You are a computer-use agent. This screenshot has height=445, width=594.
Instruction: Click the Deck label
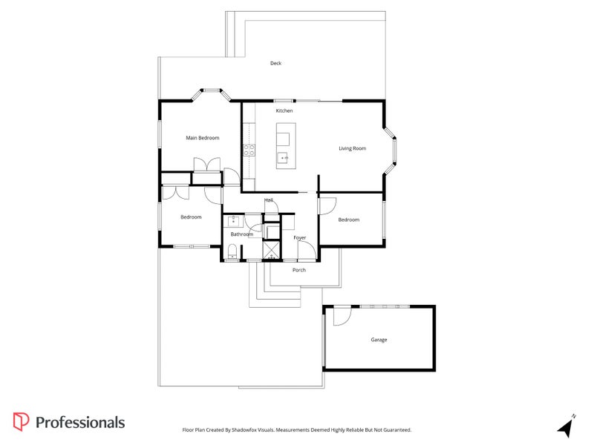click(x=275, y=63)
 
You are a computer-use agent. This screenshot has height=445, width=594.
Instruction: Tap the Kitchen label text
click(x=284, y=111)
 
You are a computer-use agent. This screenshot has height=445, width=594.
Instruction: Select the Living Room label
click(x=353, y=148)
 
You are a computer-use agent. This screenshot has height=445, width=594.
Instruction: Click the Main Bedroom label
click(x=202, y=138)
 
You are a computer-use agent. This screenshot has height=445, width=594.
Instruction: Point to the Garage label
click(x=379, y=340)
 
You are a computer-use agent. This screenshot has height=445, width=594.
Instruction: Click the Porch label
click(x=298, y=270)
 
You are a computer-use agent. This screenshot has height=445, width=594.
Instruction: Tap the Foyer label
click(x=299, y=237)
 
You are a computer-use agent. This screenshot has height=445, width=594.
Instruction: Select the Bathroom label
click(x=241, y=234)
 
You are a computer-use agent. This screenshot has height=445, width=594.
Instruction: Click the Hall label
click(x=269, y=200)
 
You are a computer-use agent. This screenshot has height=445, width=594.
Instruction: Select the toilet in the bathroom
click(x=232, y=254)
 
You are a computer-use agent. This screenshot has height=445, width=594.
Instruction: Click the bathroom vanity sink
click(x=234, y=220)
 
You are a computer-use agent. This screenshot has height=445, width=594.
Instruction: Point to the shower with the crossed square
click(x=271, y=251)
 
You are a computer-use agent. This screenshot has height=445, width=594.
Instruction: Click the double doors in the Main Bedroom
click(x=206, y=164)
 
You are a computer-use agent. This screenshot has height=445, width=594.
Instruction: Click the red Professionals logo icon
click(x=21, y=422)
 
